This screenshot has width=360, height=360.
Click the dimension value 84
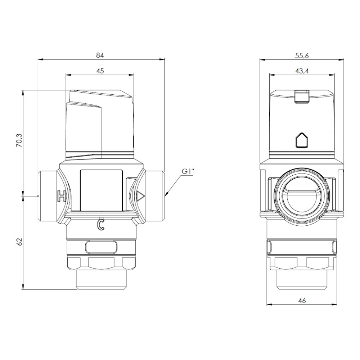point(100,55)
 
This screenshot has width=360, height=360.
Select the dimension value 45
point(100,71)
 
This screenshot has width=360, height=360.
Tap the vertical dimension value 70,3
point(19,140)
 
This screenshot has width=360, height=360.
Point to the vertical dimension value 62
point(19,242)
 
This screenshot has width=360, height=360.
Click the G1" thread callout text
point(188,171)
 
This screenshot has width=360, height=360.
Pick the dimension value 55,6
point(302,55)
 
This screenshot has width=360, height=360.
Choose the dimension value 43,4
point(302,71)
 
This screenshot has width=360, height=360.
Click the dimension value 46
point(302,300)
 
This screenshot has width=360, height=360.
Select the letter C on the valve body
point(100,224)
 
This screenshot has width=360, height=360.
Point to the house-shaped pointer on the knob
point(302,140)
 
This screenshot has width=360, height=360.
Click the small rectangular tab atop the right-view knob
point(302,96)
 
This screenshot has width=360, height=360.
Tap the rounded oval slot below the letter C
point(101,247)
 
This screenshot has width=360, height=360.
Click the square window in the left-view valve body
point(101,190)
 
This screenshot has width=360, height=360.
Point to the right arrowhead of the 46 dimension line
point(334,305)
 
